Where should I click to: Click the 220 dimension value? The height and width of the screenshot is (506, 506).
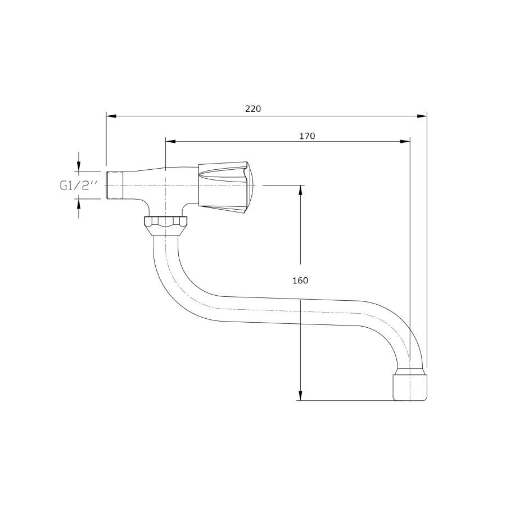tap(253, 109)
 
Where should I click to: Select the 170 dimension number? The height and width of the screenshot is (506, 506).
tap(307, 135)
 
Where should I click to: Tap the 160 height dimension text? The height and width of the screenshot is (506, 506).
tap(301, 280)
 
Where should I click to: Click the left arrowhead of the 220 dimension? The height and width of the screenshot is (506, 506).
tap(111, 116)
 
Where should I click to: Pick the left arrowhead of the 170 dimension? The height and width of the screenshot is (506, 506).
tap(170, 141)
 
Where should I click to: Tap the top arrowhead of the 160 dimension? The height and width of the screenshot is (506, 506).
tap(301, 191)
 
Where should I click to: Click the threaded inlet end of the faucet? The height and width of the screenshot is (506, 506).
tap(115, 185)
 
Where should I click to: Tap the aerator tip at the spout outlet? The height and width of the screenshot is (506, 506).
tap(410, 385)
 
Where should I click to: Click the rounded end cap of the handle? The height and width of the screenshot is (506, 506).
tap(251, 185)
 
